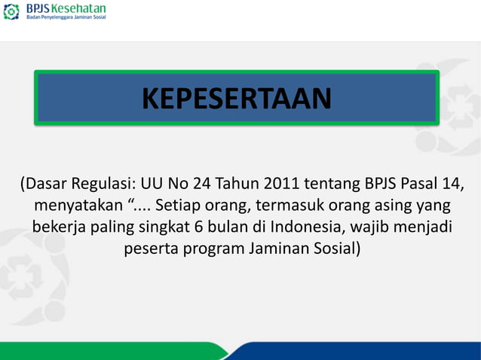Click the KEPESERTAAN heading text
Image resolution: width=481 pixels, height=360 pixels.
(236, 98)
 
